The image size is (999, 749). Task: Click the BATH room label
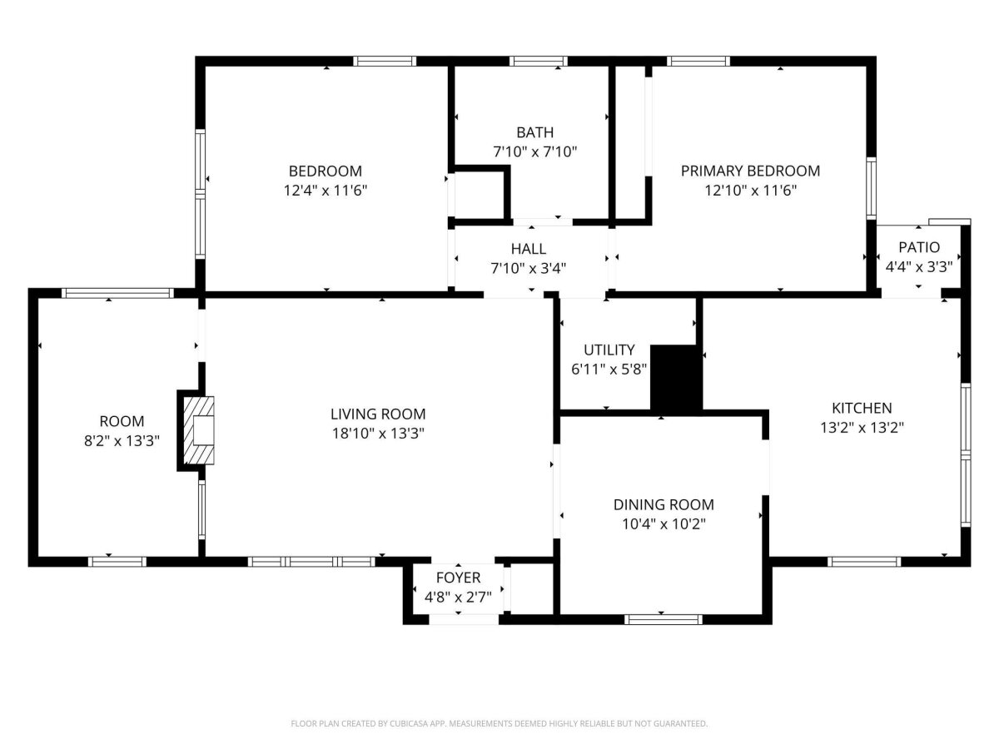click(x=534, y=132)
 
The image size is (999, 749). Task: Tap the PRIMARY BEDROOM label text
click(x=750, y=171)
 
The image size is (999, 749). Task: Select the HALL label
click(x=528, y=249)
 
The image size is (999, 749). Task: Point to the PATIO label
click(x=919, y=247)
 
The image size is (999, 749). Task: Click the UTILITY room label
click(x=609, y=350)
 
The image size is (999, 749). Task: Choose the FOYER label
click(x=458, y=578)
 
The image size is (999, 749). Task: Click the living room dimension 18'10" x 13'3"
click(x=378, y=434)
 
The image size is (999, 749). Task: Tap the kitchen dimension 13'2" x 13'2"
click(x=862, y=428)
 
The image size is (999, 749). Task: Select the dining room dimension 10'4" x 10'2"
click(x=664, y=524)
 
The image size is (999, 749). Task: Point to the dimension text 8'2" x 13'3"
click(x=122, y=441)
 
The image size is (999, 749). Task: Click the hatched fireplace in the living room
click(x=198, y=430)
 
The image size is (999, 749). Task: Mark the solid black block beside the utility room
click(x=676, y=379)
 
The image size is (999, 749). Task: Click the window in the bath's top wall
click(x=538, y=62)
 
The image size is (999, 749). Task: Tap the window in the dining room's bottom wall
click(x=664, y=619)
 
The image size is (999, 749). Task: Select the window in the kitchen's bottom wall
click(x=864, y=562)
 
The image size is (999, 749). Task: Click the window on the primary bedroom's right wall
click(x=871, y=188)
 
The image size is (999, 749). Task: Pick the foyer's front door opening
click(x=464, y=619)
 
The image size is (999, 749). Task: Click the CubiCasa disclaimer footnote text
click(x=499, y=723)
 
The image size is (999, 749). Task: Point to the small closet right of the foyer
click(x=532, y=589)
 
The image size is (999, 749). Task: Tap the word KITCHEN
click(x=862, y=408)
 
